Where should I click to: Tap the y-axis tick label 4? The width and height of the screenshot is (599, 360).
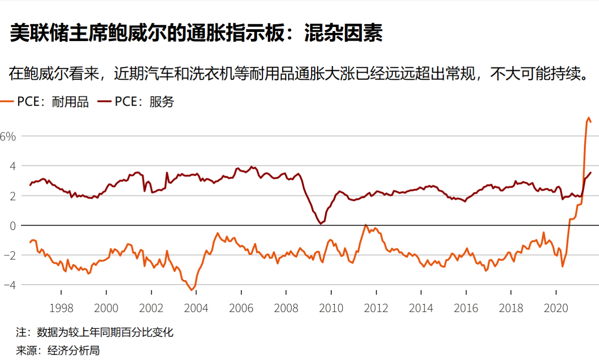[12, 166]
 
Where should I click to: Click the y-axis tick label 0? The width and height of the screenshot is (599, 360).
[12, 226]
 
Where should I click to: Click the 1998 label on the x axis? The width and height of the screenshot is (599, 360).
[61, 308]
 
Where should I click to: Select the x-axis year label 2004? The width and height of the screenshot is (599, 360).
[196, 308]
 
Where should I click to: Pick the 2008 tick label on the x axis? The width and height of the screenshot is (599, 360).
[286, 308]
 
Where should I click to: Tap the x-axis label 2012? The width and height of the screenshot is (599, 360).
[376, 308]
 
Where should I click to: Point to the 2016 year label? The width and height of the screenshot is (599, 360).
[466, 308]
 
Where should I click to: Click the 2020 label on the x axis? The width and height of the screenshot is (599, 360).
[556, 308]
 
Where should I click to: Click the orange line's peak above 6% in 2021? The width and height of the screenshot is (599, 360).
[588, 118]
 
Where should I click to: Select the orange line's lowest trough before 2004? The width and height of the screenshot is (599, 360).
[192, 290]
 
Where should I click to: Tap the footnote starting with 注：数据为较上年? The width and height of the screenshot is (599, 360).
[95, 332]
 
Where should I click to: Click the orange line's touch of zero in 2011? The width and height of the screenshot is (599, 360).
[366, 225]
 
